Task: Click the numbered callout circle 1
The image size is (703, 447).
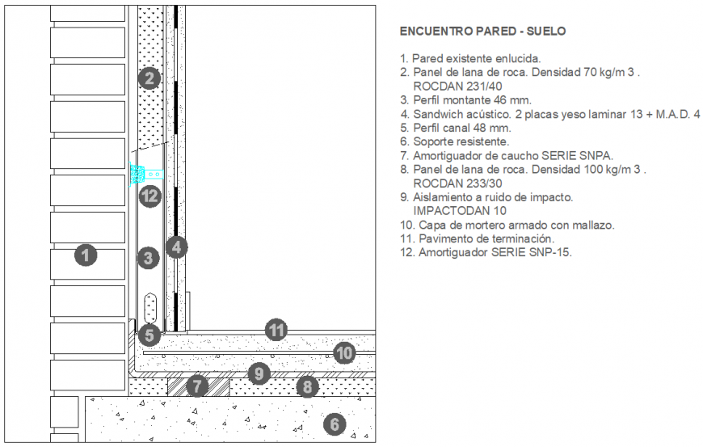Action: (86, 255)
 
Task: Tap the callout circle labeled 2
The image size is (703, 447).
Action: (149, 78)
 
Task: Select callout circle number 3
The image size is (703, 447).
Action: (148, 258)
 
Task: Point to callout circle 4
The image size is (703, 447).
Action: (176, 247)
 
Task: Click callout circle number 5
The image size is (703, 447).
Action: (149, 334)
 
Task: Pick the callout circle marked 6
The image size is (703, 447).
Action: (335, 423)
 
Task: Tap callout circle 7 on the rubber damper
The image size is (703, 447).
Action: (197, 386)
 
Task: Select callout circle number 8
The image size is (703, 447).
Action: (305, 386)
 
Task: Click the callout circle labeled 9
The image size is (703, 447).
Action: (258, 373)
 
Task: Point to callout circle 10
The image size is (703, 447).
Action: (344, 352)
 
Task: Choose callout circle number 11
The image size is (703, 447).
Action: (277, 329)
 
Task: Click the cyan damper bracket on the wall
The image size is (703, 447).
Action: (145, 174)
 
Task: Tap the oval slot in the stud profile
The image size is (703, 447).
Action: (149, 307)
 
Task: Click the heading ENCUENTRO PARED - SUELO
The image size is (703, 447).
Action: (482, 32)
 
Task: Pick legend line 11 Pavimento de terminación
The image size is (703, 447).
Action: (477, 238)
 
